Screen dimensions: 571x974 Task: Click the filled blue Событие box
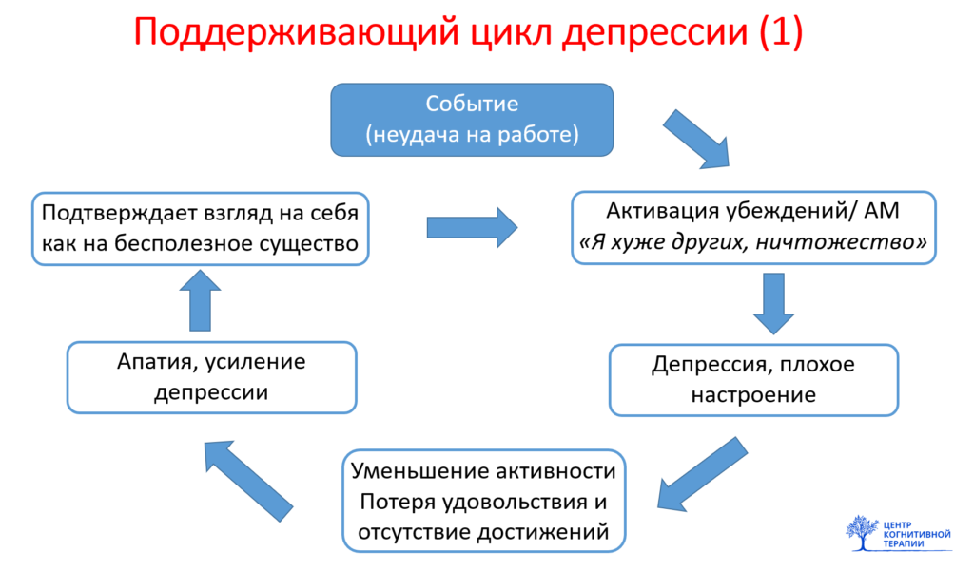click(x=472, y=119)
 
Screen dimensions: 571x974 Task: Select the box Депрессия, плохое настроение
click(x=752, y=379)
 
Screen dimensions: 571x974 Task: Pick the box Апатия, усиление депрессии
click(x=211, y=377)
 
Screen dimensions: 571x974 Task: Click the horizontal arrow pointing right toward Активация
click(x=472, y=227)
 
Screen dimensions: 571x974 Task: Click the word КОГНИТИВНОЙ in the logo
click(x=916, y=534)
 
